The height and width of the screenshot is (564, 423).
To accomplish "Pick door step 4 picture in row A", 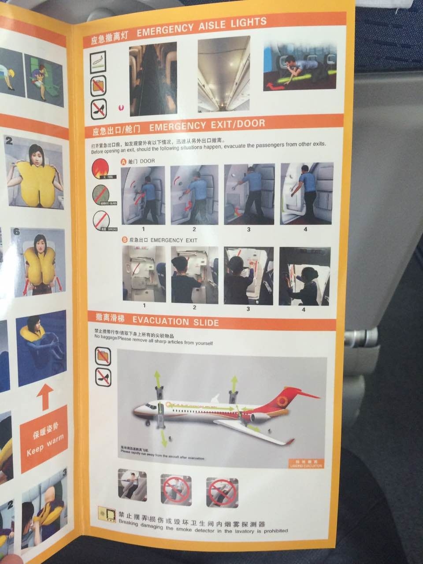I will pyautogui.click(x=306, y=193).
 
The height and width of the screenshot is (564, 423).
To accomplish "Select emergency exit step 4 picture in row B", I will pyautogui.click(x=301, y=275).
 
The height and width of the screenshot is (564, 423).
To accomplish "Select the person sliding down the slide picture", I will pyautogui.click(x=132, y=484).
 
